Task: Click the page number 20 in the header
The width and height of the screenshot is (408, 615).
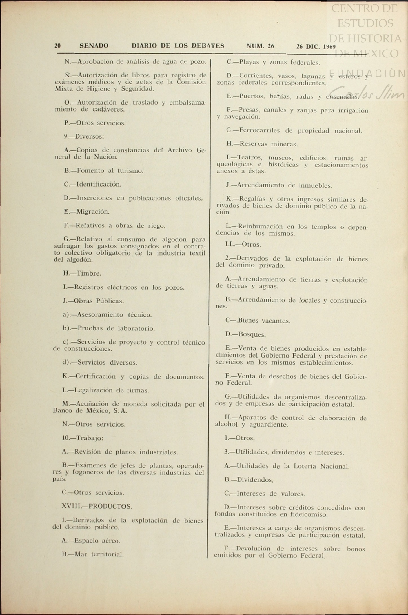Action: pyautogui.click(x=57, y=46)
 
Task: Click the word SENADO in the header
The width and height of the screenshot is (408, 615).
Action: pyautogui.click(x=94, y=46)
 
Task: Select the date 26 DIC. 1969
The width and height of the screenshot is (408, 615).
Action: pyautogui.click(x=316, y=46)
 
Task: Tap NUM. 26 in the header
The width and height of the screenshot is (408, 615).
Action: pyautogui.click(x=260, y=46)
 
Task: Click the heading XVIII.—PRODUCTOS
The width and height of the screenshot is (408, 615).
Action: pyautogui.click(x=97, y=506)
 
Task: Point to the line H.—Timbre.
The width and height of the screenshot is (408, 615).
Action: pyautogui.click(x=82, y=273)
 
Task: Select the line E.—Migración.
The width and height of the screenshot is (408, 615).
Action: pyautogui.click(x=87, y=212)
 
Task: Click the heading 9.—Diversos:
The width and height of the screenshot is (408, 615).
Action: pyautogui.click(x=84, y=137)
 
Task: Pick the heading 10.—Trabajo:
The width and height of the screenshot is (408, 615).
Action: pyautogui.click(x=83, y=438)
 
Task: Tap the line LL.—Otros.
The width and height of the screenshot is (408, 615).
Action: pyautogui.click(x=243, y=245)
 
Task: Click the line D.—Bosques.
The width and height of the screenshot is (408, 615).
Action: pyautogui.click(x=245, y=335)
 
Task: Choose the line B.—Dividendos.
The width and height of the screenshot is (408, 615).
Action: pyautogui.click(x=249, y=480)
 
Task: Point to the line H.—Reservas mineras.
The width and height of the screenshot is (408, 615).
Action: pyautogui.click(x=262, y=144)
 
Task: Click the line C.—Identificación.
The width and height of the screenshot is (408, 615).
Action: pyautogui.click(x=92, y=184)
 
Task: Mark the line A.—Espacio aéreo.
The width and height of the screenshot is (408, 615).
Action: pyautogui.click(x=91, y=541)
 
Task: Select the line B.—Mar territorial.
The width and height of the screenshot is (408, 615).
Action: pyautogui.click(x=93, y=554)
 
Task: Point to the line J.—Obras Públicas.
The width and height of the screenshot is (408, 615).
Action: pyautogui.click(x=93, y=301)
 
